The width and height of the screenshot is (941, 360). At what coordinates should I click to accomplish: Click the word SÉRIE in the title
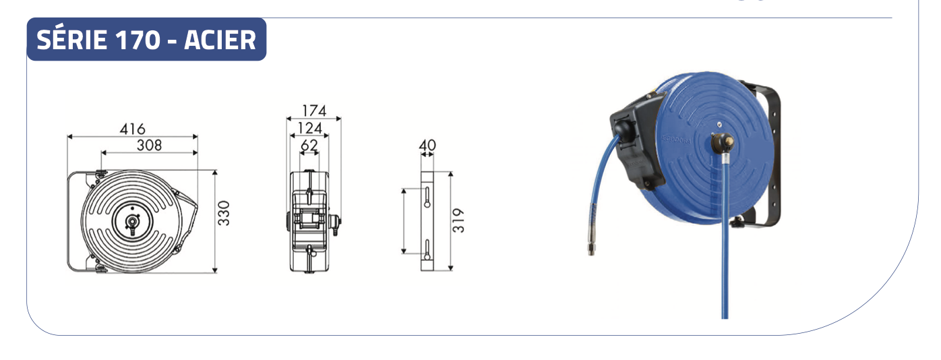[71, 40]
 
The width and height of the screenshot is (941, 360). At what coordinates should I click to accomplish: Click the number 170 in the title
[138, 40]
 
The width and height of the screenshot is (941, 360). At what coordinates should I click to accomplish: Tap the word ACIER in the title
[220, 40]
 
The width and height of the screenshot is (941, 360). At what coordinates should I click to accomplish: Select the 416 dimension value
[132, 129]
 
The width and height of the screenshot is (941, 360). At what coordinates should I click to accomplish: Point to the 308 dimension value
[149, 145]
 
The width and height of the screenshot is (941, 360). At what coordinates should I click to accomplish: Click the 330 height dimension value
[224, 213]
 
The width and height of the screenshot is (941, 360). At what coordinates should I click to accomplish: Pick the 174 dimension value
[314, 111]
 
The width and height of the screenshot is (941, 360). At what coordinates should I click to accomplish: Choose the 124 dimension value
[310, 127]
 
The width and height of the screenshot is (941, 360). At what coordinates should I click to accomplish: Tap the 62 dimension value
[309, 145]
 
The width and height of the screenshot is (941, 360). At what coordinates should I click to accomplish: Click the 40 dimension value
[427, 146]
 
